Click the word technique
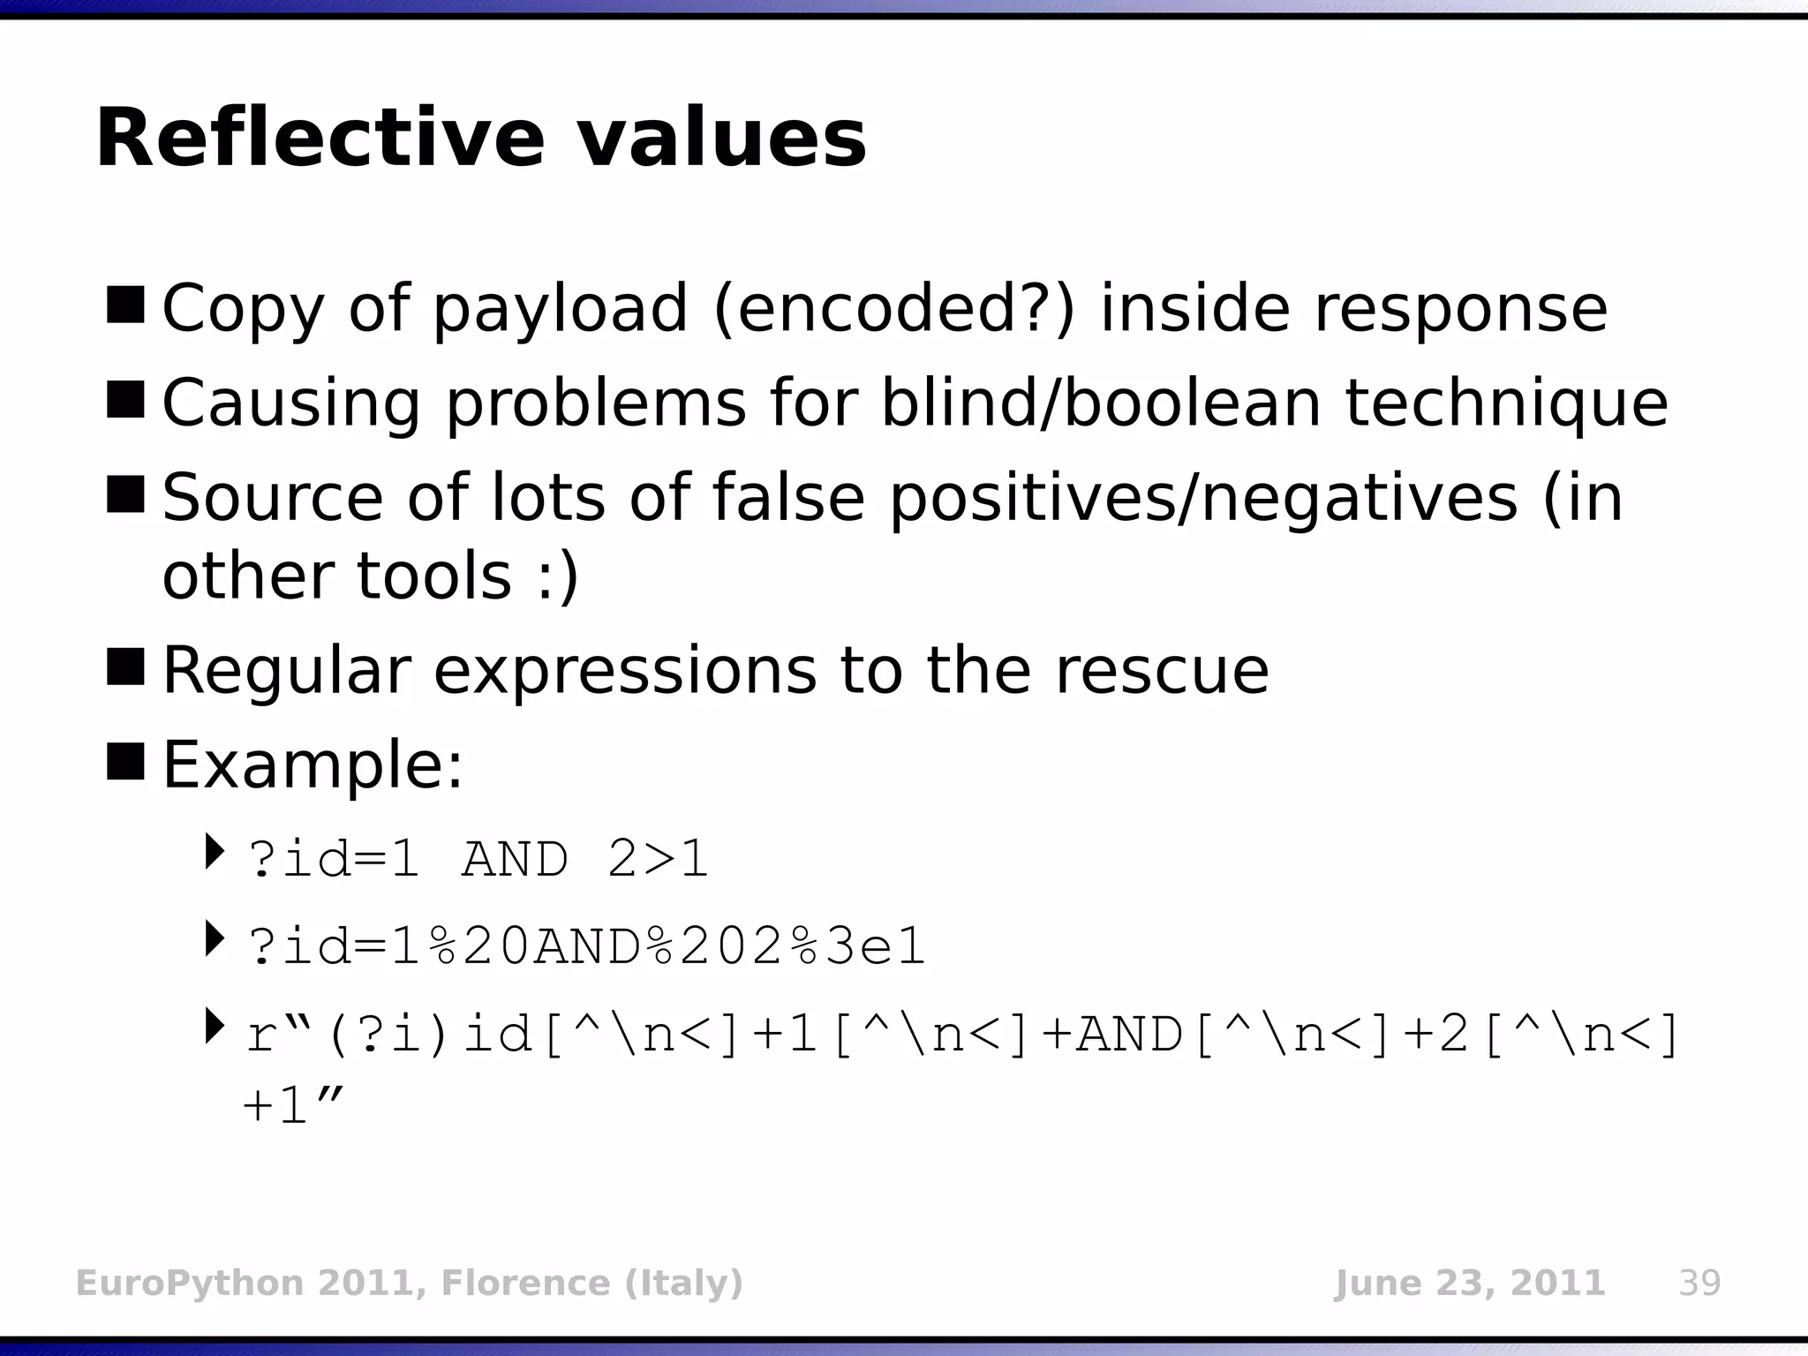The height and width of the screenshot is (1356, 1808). click(1506, 403)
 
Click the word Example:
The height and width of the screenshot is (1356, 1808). click(313, 765)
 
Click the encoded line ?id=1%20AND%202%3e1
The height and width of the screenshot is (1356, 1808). click(587, 947)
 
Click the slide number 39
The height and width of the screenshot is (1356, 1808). click(1699, 1283)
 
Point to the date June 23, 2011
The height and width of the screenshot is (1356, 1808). click(1469, 1283)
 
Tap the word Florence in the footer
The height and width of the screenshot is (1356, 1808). click(525, 1283)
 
